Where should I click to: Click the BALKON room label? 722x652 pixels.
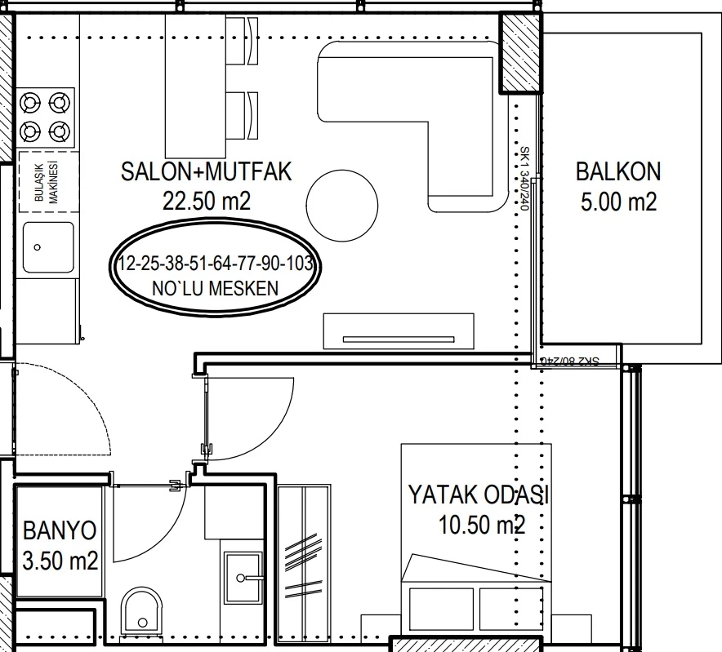(x=618, y=171)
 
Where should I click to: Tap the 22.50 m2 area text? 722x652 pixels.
(x=207, y=201)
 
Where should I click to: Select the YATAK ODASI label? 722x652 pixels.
(x=478, y=495)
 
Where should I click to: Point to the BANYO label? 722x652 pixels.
(x=60, y=530)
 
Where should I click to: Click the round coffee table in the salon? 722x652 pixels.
(x=342, y=205)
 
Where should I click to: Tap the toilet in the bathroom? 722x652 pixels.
(x=142, y=610)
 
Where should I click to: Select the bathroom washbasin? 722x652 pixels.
(x=243, y=578)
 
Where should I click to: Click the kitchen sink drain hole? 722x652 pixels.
(x=38, y=247)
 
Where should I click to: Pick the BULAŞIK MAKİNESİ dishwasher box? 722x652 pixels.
(x=48, y=182)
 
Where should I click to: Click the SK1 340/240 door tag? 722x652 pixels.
(x=524, y=178)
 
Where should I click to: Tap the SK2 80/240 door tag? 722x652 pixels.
(x=570, y=361)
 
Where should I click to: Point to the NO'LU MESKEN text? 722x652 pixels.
(x=215, y=289)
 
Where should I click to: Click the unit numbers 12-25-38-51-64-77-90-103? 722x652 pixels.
(x=216, y=264)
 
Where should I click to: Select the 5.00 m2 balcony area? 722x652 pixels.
(x=618, y=202)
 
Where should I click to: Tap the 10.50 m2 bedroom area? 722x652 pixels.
(x=482, y=525)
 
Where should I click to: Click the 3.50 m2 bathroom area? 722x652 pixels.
(x=60, y=561)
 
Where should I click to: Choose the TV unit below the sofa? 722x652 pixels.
(x=399, y=331)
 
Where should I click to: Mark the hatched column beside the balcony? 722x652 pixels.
(x=520, y=52)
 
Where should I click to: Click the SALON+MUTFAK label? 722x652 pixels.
(x=207, y=171)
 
